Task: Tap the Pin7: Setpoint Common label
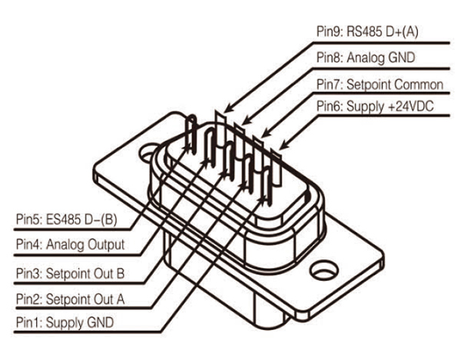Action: (x=380, y=83)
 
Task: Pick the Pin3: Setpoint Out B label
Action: (x=67, y=272)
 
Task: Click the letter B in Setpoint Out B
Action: (x=119, y=272)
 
